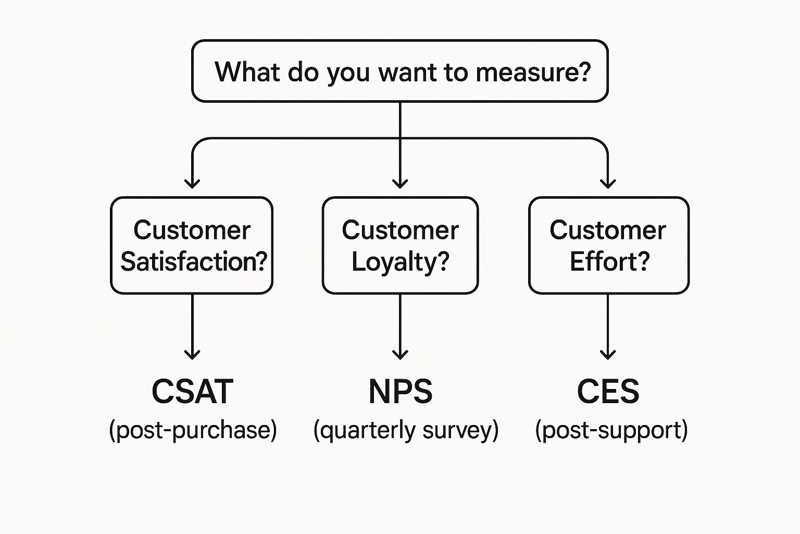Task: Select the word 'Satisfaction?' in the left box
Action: coord(194,261)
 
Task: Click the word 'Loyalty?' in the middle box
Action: coord(400,261)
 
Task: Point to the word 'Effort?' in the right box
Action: coord(609,261)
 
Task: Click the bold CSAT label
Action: coord(192,392)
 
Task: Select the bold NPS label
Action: coord(400,392)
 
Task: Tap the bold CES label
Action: coord(608,392)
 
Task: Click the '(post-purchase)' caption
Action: coord(193,430)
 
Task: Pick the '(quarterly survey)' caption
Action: coord(406,430)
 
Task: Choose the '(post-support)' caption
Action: coord(611,430)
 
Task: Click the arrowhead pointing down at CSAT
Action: coord(192,355)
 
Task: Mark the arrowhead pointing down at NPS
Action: coord(400,355)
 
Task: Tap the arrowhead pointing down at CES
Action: coord(608,355)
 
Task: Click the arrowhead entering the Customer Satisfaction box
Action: coord(192,184)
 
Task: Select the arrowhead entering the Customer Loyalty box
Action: coord(400,184)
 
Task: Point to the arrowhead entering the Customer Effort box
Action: coord(608,184)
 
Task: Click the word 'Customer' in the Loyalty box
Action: coord(400,230)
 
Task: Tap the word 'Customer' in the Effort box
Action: coord(608,230)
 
